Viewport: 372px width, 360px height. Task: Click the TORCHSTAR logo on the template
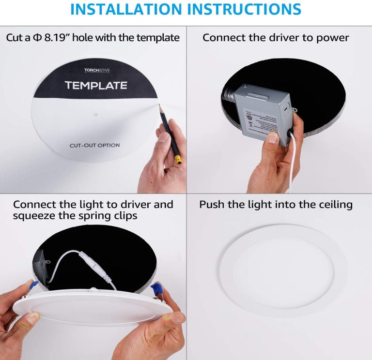(x=97, y=71)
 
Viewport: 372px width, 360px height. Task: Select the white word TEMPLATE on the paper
(x=96, y=86)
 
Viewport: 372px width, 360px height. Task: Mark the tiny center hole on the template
(x=96, y=115)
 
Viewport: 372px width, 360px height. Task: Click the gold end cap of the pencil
(x=178, y=160)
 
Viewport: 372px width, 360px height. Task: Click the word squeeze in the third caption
(x=34, y=216)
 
